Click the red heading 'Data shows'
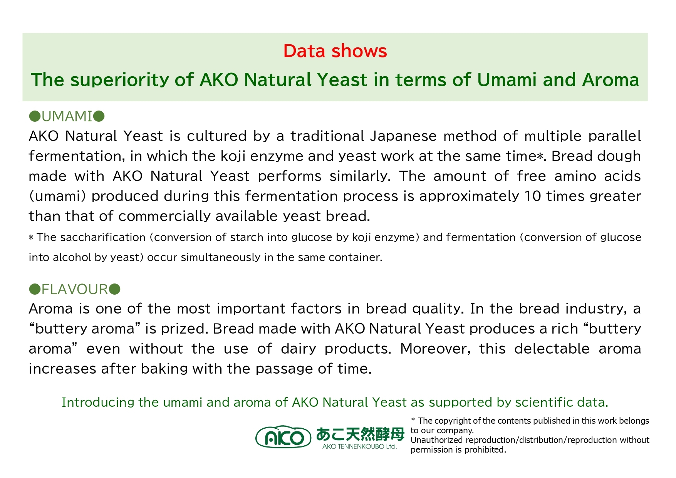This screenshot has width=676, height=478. pos(335,51)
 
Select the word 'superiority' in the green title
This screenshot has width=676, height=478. pos(119,80)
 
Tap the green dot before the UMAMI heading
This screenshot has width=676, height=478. pos(35,116)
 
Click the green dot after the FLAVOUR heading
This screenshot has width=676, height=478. pos(115,289)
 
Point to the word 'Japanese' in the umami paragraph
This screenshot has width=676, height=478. pos(403,136)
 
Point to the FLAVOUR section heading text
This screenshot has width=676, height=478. pos(75,289)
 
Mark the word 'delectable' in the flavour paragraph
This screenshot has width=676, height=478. pos(552,349)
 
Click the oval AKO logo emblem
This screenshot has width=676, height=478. pos(283,437)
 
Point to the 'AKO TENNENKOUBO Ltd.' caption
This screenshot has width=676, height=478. pos(359,446)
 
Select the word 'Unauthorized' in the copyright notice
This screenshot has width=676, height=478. pos(437,440)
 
